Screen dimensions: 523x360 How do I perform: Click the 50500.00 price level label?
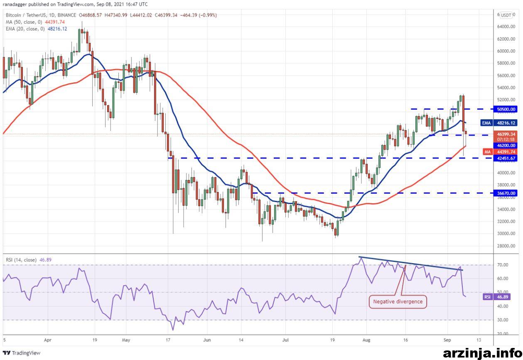point(506,109)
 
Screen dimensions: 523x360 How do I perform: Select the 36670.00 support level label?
point(506,193)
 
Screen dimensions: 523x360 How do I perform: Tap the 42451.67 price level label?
point(506,158)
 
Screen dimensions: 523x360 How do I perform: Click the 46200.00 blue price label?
point(506,145)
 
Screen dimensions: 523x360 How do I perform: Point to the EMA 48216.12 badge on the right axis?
point(499,123)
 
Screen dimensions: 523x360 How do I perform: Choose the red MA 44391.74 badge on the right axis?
point(500,152)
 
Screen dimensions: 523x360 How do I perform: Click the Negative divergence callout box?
point(398,302)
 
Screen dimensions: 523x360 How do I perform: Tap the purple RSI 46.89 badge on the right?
point(500,297)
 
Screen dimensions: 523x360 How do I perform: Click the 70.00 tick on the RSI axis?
point(503,265)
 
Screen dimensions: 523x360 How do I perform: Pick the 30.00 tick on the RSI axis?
point(503,320)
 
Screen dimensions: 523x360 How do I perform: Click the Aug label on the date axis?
point(366,340)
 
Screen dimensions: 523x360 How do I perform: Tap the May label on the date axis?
point(126,340)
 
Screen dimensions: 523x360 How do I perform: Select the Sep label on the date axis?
point(447,340)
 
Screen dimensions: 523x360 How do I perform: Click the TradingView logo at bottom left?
point(22,353)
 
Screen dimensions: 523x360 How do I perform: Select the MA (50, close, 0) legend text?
point(24,22)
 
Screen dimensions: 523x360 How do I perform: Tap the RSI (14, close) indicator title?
point(21,260)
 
